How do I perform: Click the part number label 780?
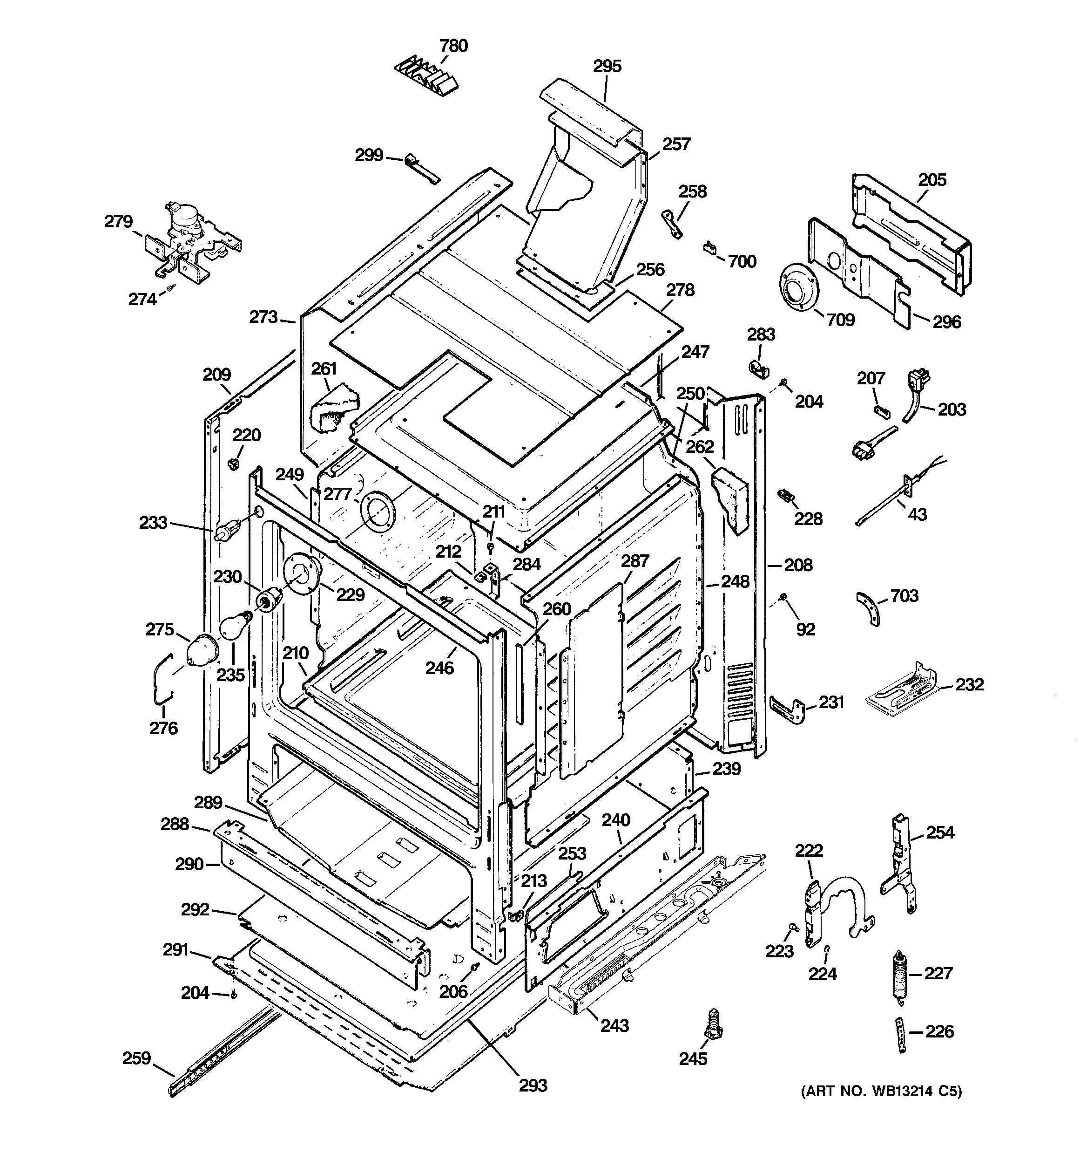point(453,46)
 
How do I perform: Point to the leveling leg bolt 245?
point(712,1024)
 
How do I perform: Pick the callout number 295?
point(607,67)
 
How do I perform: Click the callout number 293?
point(533,1085)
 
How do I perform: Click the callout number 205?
point(932,180)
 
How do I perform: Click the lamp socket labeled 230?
point(270,599)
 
